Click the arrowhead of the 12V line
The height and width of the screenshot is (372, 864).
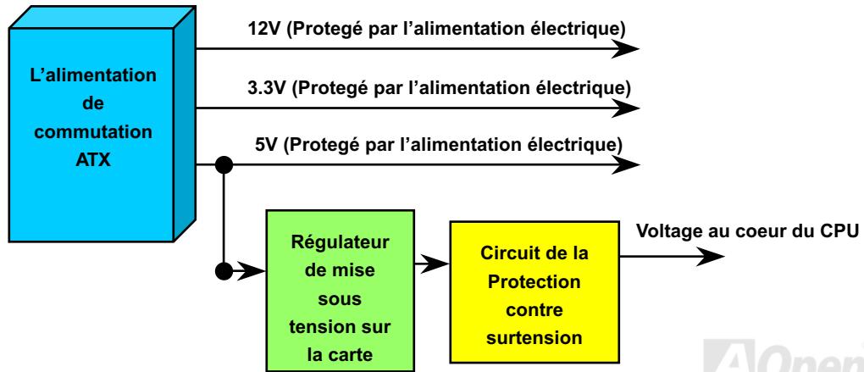[x=626, y=49]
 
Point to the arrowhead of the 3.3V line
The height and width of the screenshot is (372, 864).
[x=626, y=108]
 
